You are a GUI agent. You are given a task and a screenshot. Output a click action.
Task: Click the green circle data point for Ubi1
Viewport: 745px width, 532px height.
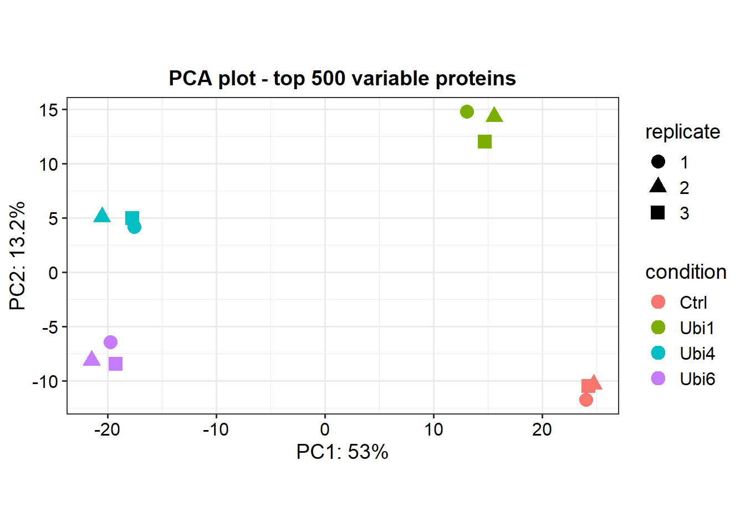click(x=467, y=112)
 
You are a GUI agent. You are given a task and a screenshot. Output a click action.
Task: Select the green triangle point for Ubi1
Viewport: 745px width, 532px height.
click(x=494, y=115)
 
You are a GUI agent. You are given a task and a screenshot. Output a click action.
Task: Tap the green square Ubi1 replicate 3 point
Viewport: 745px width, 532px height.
click(x=484, y=142)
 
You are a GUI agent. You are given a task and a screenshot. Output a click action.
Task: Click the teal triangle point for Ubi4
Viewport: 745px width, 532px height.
click(x=102, y=216)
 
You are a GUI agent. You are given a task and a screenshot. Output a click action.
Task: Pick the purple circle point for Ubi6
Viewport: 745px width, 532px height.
click(x=110, y=342)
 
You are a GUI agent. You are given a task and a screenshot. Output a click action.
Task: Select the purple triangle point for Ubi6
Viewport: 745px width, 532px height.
click(x=91, y=359)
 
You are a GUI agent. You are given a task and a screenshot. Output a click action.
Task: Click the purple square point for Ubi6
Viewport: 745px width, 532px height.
click(x=115, y=364)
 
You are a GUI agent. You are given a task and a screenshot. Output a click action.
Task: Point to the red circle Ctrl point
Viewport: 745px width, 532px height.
click(x=586, y=400)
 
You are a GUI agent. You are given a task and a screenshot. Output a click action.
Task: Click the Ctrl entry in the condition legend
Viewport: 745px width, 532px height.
click(x=693, y=303)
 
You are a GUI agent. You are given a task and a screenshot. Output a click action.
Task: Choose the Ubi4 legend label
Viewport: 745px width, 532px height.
click(x=697, y=354)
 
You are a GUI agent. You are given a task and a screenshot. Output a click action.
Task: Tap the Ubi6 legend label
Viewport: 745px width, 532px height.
click(x=697, y=379)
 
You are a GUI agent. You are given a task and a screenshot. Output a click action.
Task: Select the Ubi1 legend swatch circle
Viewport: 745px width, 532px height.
click(x=658, y=328)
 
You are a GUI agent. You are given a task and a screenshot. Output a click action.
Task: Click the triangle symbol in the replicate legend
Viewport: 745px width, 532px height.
click(x=658, y=186)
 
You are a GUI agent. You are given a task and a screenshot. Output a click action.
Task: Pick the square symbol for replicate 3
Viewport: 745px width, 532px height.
click(x=658, y=213)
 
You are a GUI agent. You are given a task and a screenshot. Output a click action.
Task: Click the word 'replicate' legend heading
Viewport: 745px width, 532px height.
click(x=682, y=132)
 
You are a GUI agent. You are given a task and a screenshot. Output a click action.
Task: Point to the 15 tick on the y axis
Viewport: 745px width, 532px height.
click(x=48, y=110)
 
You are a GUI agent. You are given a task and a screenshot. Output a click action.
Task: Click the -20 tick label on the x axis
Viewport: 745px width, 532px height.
click(x=107, y=429)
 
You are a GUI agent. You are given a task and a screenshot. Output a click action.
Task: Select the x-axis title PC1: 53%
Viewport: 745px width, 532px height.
click(x=342, y=452)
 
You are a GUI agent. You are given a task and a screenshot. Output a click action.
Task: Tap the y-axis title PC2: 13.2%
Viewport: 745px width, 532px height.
click(x=17, y=255)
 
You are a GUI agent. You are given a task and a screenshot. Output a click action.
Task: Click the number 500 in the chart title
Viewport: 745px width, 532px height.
click(x=328, y=79)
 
